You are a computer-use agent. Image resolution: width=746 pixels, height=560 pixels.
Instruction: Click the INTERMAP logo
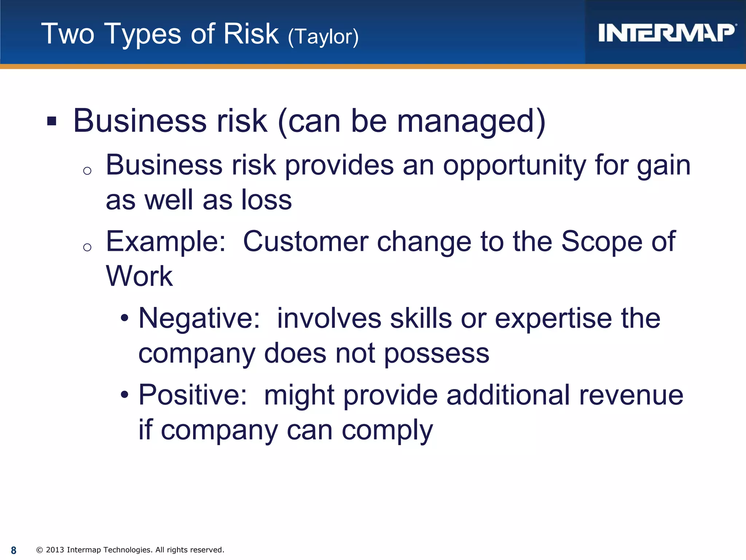pyautogui.click(x=666, y=33)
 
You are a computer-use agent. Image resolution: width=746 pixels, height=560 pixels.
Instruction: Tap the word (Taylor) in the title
pyautogui.click(x=323, y=36)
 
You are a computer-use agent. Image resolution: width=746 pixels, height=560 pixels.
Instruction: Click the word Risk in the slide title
pyautogui.click(x=251, y=34)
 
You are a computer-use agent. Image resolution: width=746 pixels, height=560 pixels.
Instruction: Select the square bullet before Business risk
pyautogui.click(x=52, y=121)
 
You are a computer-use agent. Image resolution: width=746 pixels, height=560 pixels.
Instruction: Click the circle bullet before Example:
pyautogui.click(x=87, y=248)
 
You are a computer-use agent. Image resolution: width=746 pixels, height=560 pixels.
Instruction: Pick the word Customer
pyautogui.click(x=306, y=241)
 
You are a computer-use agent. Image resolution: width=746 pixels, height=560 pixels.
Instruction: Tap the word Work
pyautogui.click(x=139, y=276)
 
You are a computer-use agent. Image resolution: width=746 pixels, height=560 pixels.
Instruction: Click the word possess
pyautogui.click(x=437, y=354)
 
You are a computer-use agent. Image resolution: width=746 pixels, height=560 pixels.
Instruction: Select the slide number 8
pyautogui.click(x=13, y=550)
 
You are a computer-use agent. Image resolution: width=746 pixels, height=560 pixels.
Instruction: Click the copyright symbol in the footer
pyautogui.click(x=40, y=550)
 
